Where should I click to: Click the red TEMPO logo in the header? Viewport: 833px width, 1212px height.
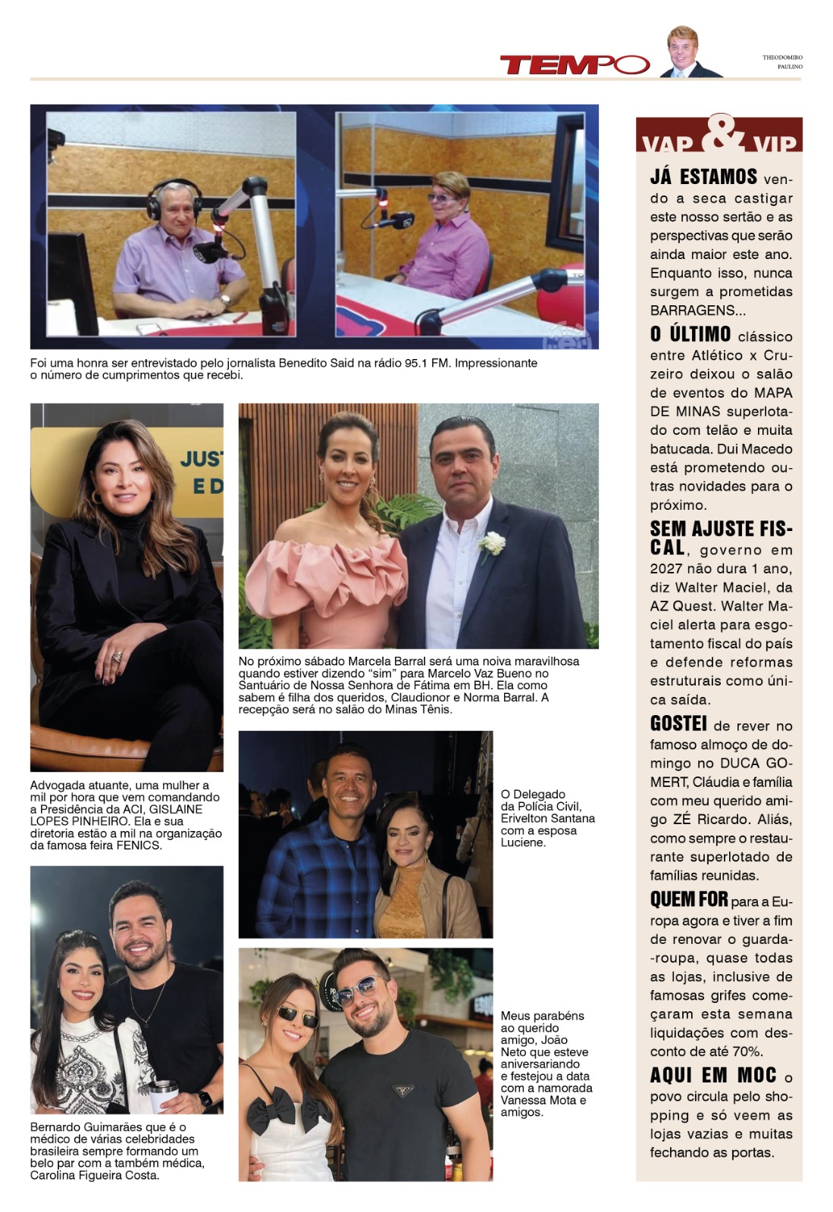(574, 65)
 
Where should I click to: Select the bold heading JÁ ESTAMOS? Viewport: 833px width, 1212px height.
(703, 177)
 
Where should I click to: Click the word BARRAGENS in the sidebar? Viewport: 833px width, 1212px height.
(693, 311)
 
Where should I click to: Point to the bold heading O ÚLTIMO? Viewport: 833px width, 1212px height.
(691, 335)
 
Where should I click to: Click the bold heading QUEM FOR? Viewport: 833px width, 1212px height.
(688, 900)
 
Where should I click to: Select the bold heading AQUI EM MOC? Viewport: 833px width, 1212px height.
(713, 1076)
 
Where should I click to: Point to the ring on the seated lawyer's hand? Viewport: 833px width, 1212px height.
(117, 658)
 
